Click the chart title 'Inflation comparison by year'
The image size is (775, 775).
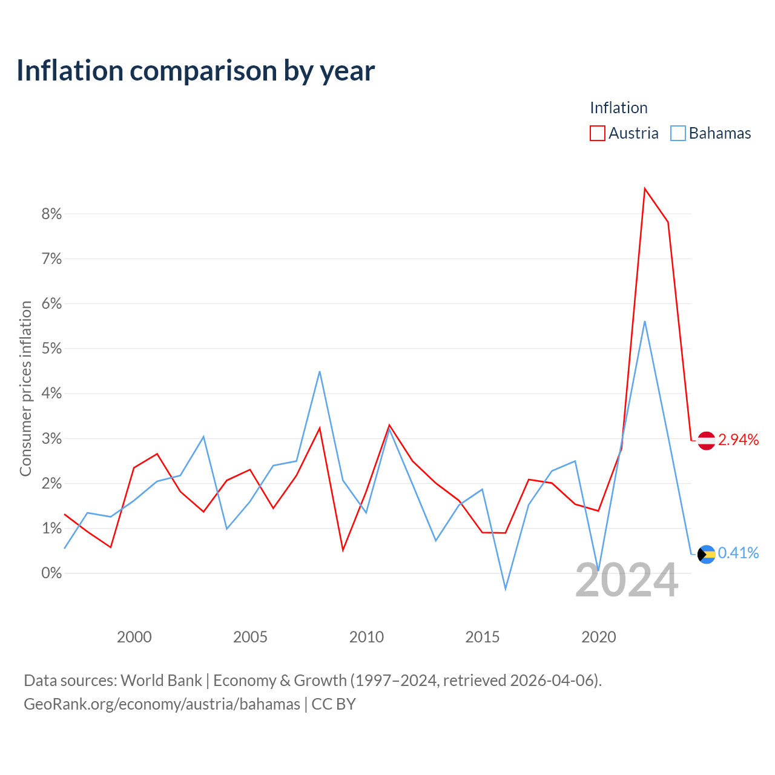pos(196,71)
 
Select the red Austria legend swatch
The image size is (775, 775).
pos(597,133)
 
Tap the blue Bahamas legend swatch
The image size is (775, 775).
pos(678,133)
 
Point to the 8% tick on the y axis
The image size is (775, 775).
pos(51,214)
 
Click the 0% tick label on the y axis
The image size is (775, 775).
pos(51,573)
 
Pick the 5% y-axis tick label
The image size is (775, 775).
pos(51,348)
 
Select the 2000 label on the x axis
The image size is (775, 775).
pos(134,637)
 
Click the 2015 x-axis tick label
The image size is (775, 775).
pos(482,637)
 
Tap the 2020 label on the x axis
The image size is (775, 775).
pos(598,637)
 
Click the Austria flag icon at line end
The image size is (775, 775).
pos(706,441)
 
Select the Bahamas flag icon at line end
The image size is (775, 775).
pos(706,555)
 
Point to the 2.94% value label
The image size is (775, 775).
pos(739,440)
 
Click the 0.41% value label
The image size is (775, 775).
pos(739,553)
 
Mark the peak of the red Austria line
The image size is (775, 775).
pos(645,188)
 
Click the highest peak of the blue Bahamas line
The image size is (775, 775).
pos(645,322)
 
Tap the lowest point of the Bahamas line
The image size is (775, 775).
pos(505,589)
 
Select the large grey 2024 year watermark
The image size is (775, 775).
pos(627,580)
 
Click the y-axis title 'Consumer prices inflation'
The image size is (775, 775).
pos(26,389)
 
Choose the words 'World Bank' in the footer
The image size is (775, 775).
pos(161,681)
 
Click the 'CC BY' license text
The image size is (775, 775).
pos(334,704)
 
